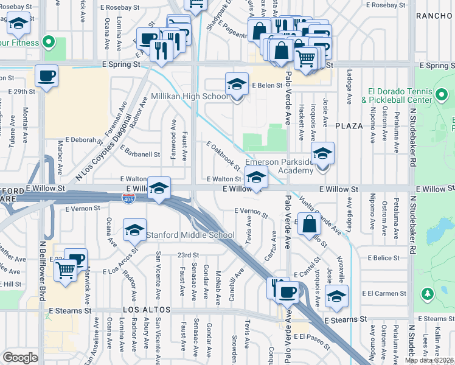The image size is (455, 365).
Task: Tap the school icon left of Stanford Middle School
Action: point(134,231)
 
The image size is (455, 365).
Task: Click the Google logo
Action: point(20,358)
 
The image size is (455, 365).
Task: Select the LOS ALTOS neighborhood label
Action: point(144,310)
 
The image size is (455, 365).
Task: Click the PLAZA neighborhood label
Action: point(349,126)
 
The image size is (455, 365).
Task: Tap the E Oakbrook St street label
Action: point(223,156)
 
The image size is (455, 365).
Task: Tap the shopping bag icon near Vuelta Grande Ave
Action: point(310,224)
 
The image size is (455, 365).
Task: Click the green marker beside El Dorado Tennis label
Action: point(442,96)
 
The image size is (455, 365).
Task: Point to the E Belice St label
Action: point(384,258)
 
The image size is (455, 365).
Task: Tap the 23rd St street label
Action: point(189,255)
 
